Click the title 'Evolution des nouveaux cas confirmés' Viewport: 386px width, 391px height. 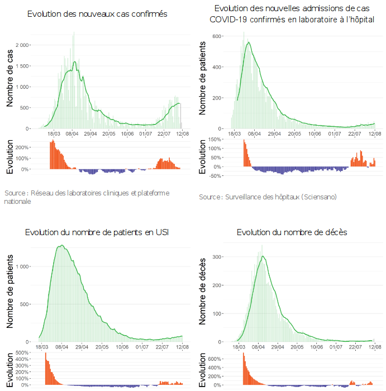97,13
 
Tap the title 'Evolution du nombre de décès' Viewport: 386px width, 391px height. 292,232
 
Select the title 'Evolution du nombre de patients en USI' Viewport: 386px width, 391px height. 97,232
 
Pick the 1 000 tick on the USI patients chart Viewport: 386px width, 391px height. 23,266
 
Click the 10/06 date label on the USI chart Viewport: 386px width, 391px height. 122,347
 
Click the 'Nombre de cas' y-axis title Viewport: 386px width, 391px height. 10,85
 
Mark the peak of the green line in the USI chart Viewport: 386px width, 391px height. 61,245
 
